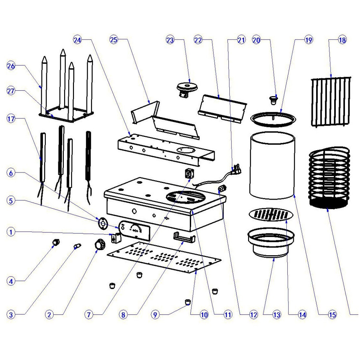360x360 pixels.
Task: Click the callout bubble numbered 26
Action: click(x=11, y=66)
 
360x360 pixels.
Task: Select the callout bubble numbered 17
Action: click(x=11, y=119)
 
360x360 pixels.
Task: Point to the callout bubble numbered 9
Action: click(x=155, y=315)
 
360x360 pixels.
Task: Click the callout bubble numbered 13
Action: click(x=277, y=315)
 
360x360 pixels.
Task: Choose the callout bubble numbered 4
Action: click(x=11, y=280)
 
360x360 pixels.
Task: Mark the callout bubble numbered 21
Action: click(x=241, y=41)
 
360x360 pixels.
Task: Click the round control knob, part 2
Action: click(x=99, y=244)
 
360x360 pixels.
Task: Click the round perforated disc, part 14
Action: click(x=271, y=214)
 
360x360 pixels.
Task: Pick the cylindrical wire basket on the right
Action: click(x=329, y=178)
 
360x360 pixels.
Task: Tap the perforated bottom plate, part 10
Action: click(x=164, y=259)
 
